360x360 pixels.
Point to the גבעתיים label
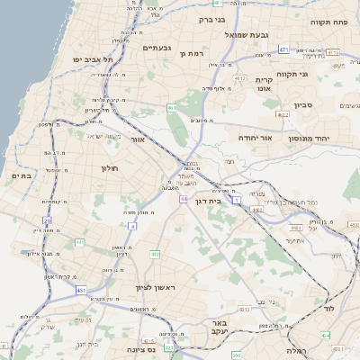tap(157, 48)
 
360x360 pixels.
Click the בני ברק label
tap(212, 19)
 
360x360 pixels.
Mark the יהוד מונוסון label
tap(310, 139)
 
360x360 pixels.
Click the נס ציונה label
tap(142, 349)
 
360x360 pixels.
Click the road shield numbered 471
tap(283, 49)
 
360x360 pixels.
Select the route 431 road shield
tap(81, 291)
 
